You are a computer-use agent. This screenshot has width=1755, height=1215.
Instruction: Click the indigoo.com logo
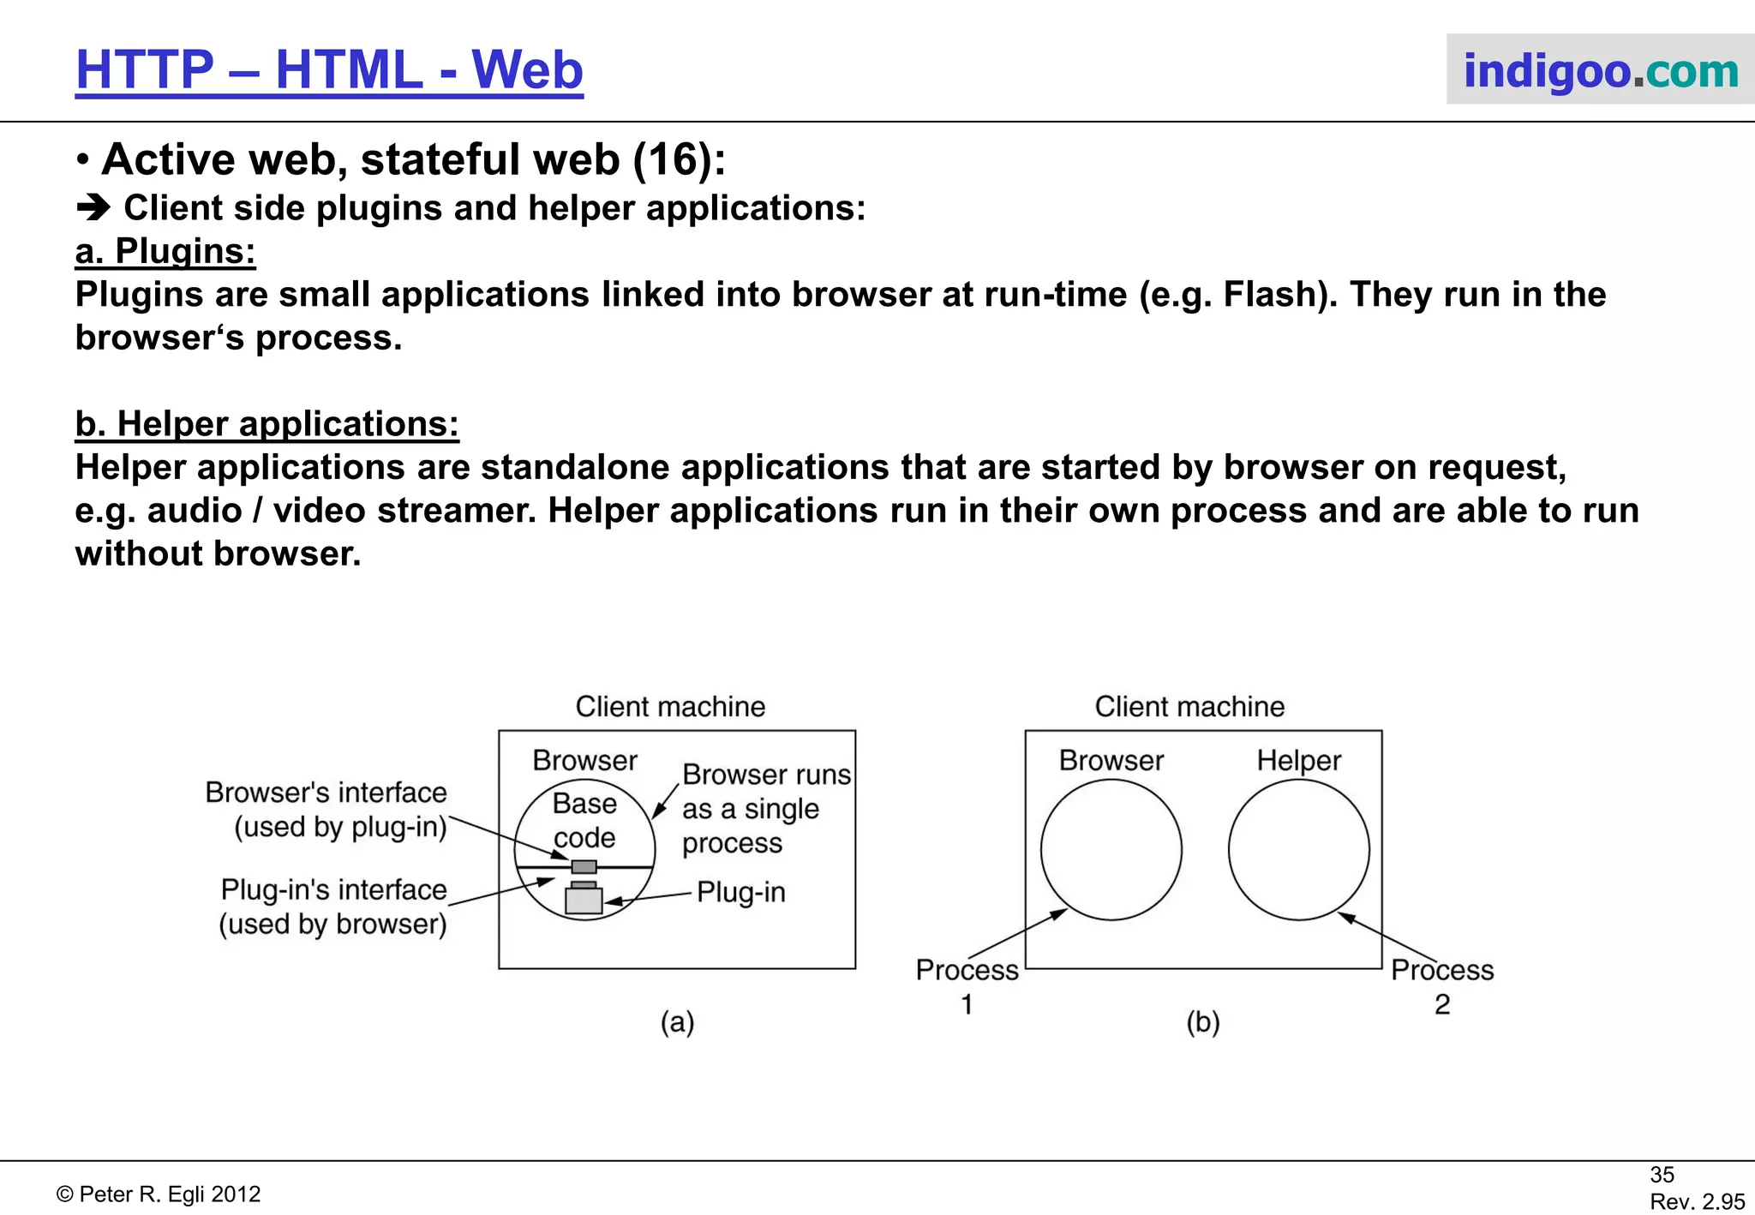[1600, 70]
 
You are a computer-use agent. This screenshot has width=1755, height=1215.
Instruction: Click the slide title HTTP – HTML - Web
[329, 69]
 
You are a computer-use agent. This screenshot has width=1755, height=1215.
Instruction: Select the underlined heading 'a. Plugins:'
[165, 251]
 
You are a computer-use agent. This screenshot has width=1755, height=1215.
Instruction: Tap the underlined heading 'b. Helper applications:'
[267, 424]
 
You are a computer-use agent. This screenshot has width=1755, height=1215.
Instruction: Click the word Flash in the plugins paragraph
[1274, 295]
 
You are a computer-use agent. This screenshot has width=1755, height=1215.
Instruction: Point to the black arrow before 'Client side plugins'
[93, 208]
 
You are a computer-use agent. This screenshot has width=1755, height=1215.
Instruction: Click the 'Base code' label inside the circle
[584, 820]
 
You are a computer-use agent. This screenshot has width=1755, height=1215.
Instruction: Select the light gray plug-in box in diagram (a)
[584, 901]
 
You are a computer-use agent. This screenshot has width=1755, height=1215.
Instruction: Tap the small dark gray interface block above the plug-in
[584, 866]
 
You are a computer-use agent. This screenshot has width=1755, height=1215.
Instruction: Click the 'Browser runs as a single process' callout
[765, 808]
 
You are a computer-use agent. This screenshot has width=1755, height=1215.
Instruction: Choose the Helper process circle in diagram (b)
[1298, 850]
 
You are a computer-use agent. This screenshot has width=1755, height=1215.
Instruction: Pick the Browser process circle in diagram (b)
[1111, 850]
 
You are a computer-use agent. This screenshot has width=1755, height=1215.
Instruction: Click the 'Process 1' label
[967, 986]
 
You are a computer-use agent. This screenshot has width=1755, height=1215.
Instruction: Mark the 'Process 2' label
[1442, 986]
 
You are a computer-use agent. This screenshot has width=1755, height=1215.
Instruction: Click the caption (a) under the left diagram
[677, 1021]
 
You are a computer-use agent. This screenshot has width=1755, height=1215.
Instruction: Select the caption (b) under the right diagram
[1203, 1021]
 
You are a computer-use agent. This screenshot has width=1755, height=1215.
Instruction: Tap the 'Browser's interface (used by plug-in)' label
[326, 809]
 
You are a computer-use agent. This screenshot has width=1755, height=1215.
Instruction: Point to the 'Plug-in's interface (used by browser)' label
[333, 907]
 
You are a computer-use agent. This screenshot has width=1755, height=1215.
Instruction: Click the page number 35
[1662, 1175]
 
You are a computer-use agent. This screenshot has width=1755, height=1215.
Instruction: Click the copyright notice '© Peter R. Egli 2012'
[159, 1194]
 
